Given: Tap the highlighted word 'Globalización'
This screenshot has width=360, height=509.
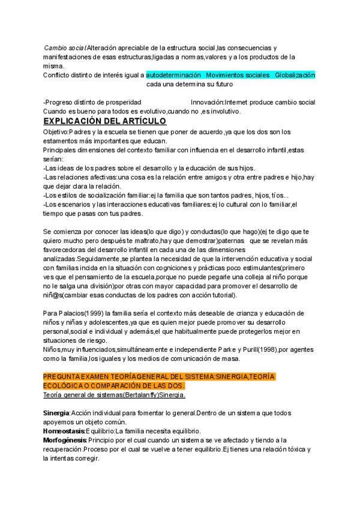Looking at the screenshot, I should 295,76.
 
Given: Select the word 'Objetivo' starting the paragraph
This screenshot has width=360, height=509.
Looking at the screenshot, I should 56,132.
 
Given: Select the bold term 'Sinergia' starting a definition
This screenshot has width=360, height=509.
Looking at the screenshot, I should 56,413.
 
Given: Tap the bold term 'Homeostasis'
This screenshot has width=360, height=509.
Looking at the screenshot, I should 63,431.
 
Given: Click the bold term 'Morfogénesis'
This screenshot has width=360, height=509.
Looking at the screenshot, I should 65,440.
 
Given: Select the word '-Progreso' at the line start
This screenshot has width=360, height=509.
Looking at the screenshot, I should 58,102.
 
